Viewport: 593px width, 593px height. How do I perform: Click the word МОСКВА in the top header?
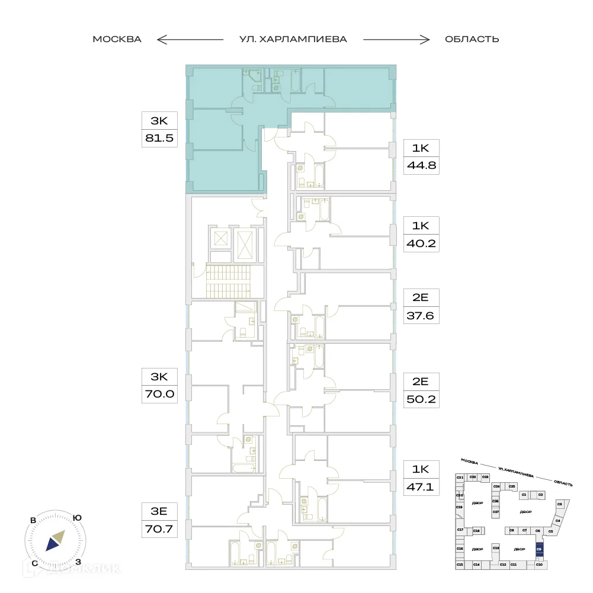pos(117,40)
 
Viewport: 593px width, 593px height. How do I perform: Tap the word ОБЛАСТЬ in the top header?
pos(472,40)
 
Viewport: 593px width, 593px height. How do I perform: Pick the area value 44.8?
pos(421,165)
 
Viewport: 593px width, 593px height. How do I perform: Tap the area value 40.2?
pos(421,242)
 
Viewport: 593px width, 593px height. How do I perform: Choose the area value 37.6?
pos(421,316)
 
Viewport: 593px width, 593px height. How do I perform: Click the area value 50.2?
pos(421,400)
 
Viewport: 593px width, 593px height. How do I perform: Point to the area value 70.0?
pos(159,393)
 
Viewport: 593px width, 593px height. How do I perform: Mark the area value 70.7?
pos(159,527)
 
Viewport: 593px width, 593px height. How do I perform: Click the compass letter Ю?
pos(77,518)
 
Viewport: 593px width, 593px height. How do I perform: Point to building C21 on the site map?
pos(459,477)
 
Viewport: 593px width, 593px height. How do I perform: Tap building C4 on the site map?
pos(557,521)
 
